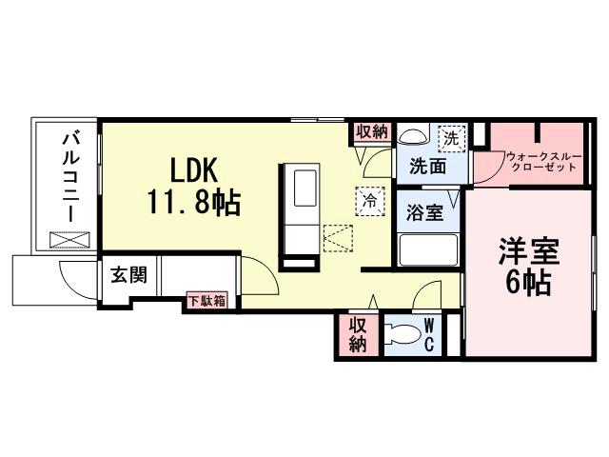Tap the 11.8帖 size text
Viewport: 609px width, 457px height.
[x=194, y=201]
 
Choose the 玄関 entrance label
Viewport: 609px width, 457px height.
[x=128, y=276]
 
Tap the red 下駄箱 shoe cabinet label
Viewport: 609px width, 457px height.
[x=206, y=302]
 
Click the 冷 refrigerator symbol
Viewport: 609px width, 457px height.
[x=370, y=200]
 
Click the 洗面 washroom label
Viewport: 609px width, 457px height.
[x=429, y=167]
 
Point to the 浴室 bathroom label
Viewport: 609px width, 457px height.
[x=425, y=211]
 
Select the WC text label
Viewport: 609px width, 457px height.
[x=429, y=334]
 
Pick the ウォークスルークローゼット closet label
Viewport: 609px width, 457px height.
[x=541, y=160]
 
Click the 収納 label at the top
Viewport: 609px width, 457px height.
[x=371, y=132]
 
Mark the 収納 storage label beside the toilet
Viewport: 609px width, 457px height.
[x=357, y=334]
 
